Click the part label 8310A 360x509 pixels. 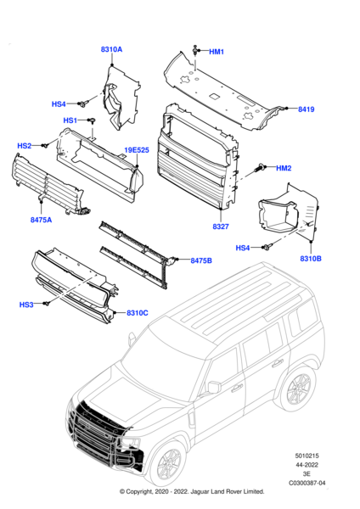tap(112, 50)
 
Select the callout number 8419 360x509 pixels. tap(306, 109)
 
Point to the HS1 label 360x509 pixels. tap(70, 120)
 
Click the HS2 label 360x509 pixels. tap(25, 146)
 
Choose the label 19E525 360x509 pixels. tap(137, 150)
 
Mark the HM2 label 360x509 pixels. tap(284, 168)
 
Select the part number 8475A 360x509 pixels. tap(41, 220)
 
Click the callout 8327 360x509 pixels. tap(222, 227)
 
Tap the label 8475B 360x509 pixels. tap(201, 260)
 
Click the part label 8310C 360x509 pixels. tap(137, 313)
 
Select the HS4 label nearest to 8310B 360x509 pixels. tap(243, 248)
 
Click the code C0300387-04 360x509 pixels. tap(307, 484)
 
